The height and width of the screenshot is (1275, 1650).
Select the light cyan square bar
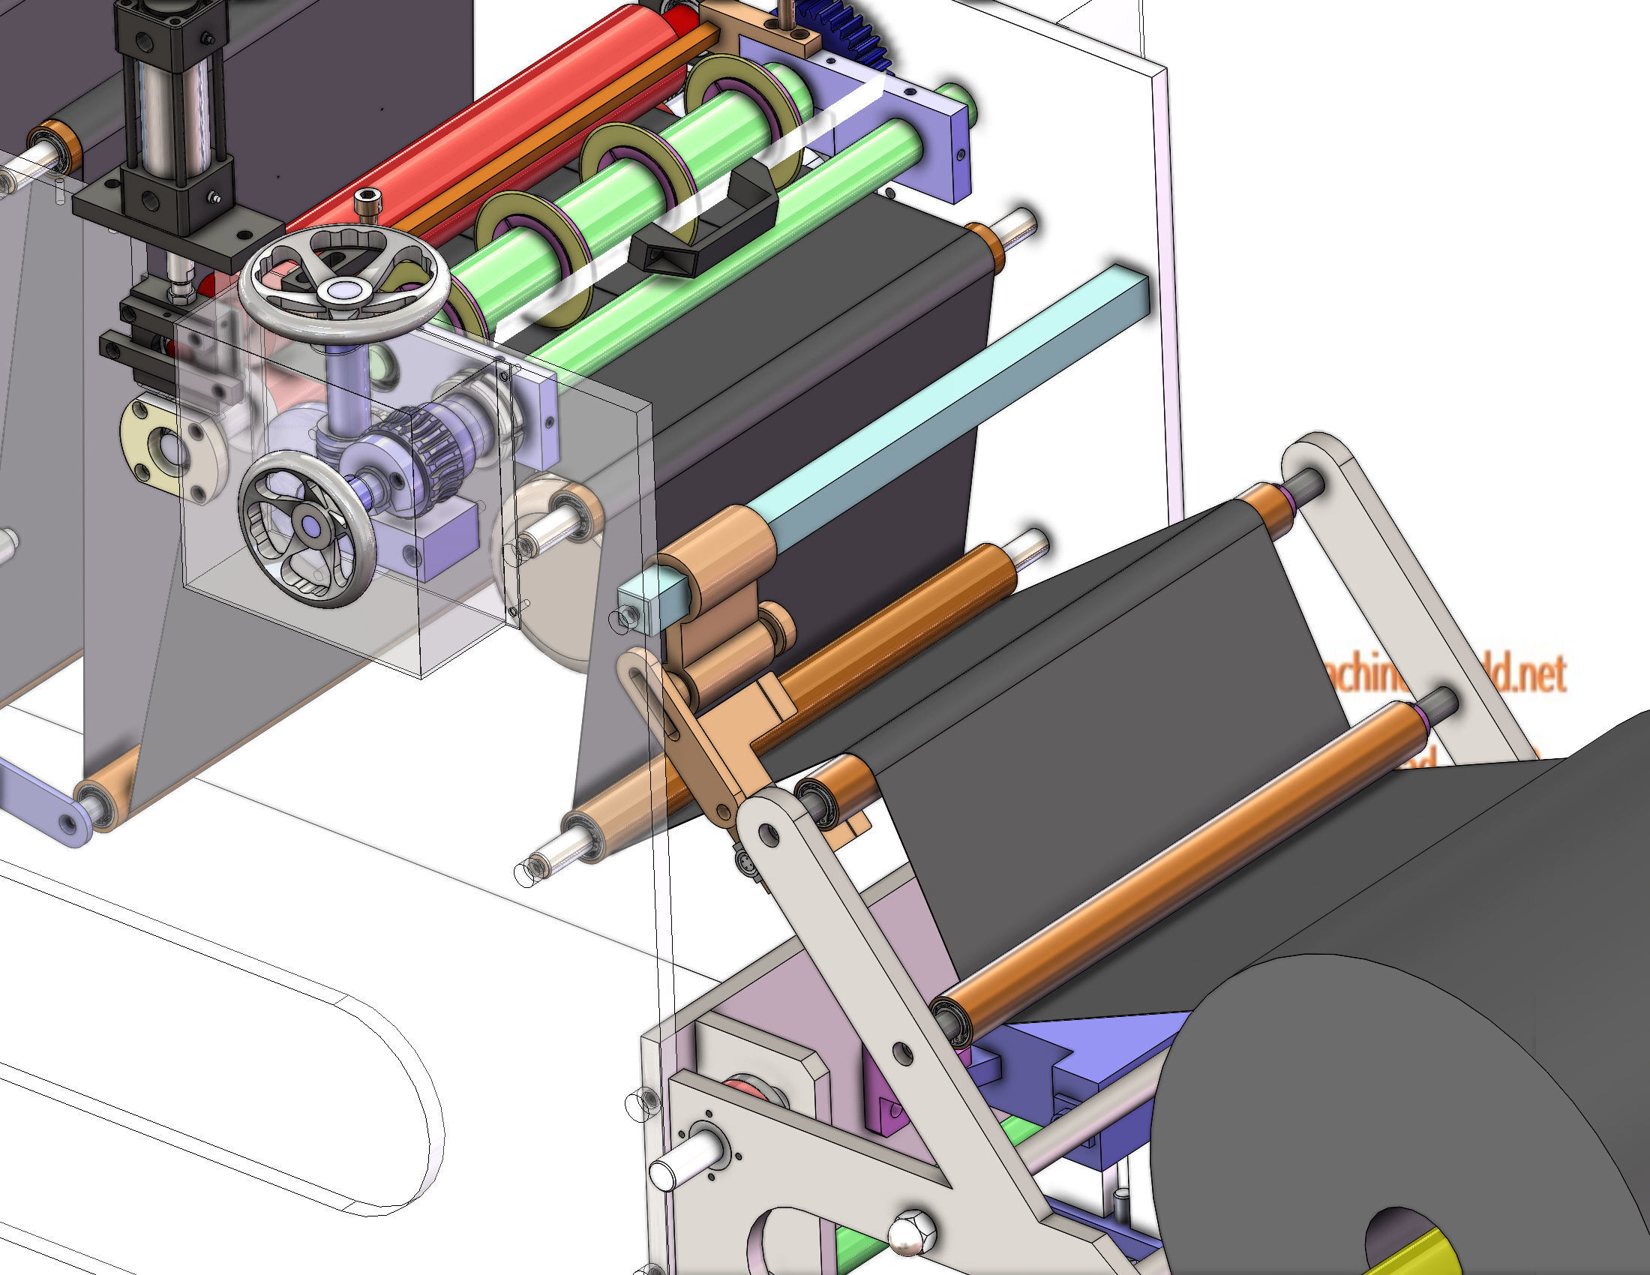tap(944, 408)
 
